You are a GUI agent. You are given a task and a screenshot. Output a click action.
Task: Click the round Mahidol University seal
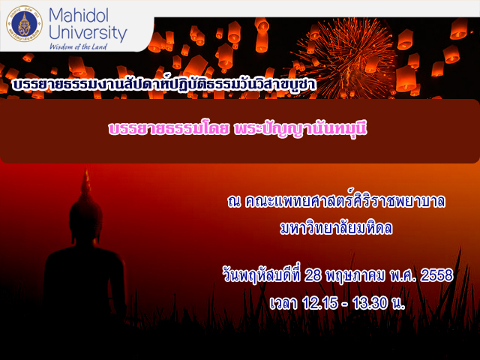[x=24, y=24]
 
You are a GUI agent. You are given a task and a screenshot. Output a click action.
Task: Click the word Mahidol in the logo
[x=79, y=15]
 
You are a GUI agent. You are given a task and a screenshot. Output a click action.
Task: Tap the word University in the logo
[x=88, y=33]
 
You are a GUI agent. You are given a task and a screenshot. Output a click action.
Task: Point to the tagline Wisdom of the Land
[x=78, y=46]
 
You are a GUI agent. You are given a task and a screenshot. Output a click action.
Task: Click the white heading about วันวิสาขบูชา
[x=163, y=84]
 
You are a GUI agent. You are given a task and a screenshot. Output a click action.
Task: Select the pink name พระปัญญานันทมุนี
[x=300, y=129]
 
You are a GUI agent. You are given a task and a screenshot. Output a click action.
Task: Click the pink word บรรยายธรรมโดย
[x=169, y=129]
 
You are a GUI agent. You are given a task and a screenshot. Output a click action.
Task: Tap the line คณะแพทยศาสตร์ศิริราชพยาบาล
[x=345, y=201]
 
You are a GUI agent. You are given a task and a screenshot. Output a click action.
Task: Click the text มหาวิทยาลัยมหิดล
[x=336, y=228]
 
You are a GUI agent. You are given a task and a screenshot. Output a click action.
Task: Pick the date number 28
[x=313, y=275]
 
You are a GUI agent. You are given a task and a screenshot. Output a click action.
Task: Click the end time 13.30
[x=370, y=303]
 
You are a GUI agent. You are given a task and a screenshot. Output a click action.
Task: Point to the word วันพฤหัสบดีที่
[x=262, y=275]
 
